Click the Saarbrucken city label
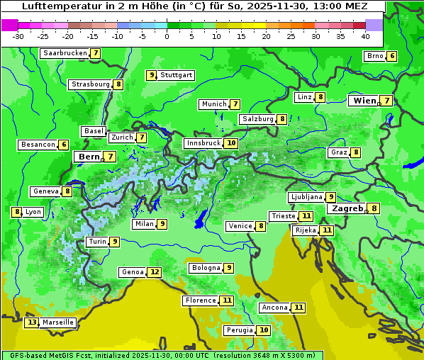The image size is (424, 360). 65,53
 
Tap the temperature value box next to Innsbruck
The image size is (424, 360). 231,143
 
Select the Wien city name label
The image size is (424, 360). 365,101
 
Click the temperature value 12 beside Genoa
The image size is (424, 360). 155,272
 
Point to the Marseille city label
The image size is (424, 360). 57,322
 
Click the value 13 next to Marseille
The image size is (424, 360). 31,322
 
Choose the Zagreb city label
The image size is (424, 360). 347,208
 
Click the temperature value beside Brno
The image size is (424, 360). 391,57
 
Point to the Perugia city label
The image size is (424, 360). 239,330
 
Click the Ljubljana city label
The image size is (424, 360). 306,197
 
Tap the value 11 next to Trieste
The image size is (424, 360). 306,216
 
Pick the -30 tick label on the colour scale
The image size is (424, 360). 18,36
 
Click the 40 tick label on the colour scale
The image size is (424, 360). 365,36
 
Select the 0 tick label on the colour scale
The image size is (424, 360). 167,36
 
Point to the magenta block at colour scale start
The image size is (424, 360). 9,24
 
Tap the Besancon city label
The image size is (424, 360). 38,145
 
